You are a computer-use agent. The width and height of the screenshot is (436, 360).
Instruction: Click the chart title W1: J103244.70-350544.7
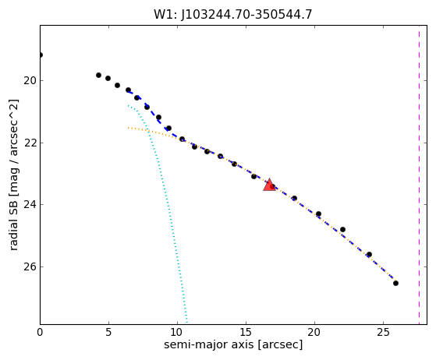(x=233, y=14)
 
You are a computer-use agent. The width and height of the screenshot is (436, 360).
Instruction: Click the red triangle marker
(x=269, y=185)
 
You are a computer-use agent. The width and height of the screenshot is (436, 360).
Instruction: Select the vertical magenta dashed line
(x=419, y=175)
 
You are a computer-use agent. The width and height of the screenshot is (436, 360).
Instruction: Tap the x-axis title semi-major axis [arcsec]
(x=233, y=344)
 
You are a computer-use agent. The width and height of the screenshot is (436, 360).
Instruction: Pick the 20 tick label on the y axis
(x=30, y=80)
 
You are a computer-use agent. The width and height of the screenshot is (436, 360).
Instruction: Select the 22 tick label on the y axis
(x=30, y=143)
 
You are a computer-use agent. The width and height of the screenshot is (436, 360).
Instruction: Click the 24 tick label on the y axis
(x=30, y=204)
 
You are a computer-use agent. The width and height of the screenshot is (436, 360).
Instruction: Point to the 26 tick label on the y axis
(x=30, y=266)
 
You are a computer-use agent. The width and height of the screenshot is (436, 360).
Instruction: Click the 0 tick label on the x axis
(x=40, y=332)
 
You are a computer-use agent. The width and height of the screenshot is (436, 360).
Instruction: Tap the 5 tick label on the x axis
(x=108, y=332)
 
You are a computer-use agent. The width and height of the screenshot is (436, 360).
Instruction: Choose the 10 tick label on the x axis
(x=177, y=332)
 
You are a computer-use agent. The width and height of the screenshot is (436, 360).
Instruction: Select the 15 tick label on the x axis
(x=246, y=332)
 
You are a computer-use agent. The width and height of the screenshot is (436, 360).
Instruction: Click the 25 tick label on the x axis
(x=384, y=332)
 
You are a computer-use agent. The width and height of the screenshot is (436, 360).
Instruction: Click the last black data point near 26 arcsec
(x=395, y=283)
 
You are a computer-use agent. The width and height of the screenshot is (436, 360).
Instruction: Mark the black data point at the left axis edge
(x=41, y=55)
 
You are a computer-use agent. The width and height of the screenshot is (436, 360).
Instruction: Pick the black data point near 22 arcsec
(x=342, y=229)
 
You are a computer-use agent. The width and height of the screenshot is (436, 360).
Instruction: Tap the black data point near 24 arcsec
(x=369, y=255)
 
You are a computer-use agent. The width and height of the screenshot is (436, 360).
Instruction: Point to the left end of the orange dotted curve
(x=128, y=128)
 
